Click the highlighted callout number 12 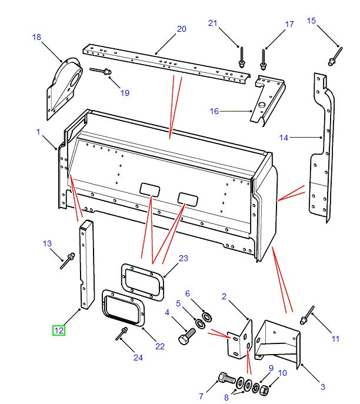point(59,330)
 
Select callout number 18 point(36,37)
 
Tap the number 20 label point(181,29)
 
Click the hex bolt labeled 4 point(186,340)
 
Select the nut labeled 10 point(265,389)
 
